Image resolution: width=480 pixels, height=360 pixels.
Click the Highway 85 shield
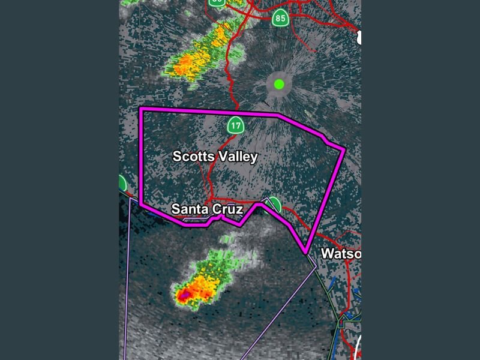[280, 17]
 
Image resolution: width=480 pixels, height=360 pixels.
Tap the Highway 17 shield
[236, 125]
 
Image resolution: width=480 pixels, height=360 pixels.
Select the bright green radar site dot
[279, 84]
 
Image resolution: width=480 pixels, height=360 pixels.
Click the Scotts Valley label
[215, 157]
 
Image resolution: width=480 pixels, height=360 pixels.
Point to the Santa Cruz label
[206, 209]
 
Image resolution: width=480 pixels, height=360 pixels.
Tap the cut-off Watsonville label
[341, 253]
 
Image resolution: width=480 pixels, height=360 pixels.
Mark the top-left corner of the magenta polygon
[140, 109]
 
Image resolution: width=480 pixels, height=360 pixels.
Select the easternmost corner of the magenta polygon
[344, 148]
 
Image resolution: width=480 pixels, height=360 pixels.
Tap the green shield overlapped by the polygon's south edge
[274, 204]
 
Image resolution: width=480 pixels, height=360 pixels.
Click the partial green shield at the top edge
[217, 2]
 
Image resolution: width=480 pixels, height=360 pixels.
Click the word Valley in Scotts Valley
[237, 157]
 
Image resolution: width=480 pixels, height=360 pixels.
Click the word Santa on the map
[187, 209]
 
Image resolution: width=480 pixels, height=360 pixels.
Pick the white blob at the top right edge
[359, 37]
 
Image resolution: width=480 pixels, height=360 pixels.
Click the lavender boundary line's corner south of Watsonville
[316, 268]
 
